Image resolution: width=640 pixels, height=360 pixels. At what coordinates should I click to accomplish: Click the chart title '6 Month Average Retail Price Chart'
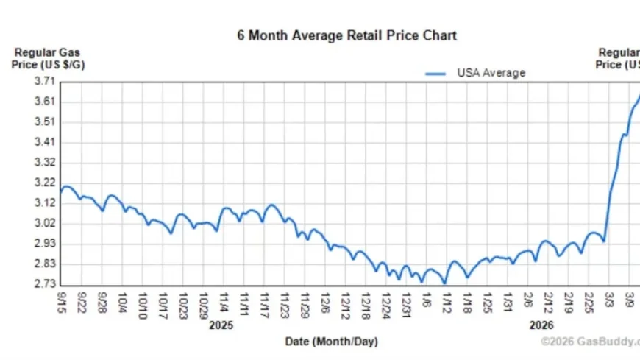tap(346, 35)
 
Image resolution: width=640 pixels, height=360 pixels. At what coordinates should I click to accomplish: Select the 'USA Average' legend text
tap(491, 73)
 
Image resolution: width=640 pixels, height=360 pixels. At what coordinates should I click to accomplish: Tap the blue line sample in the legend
tap(436, 74)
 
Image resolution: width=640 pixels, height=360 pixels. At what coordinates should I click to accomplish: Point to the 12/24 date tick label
tap(385, 302)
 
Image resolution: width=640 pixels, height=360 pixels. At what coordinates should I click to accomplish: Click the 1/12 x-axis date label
tap(445, 301)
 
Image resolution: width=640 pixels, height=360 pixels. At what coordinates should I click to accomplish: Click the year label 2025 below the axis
tap(221, 325)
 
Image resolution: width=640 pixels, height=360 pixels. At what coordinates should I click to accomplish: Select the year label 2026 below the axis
tap(541, 325)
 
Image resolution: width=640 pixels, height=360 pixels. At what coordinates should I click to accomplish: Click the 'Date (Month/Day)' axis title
tap(331, 342)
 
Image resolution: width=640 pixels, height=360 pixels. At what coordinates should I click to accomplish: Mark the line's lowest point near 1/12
tap(444, 283)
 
